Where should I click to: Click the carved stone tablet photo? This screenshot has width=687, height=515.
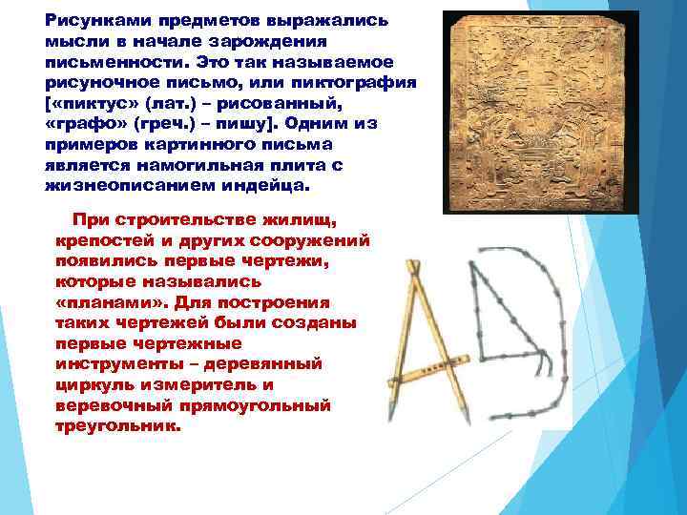[x=540, y=112]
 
